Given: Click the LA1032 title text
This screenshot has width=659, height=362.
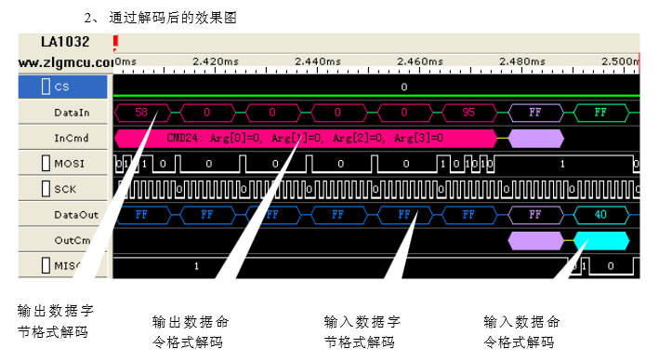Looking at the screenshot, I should click(x=65, y=42).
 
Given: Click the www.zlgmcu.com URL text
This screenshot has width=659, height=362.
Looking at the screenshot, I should click(x=65, y=61).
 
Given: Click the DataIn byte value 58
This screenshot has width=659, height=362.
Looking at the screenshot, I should click(x=142, y=112).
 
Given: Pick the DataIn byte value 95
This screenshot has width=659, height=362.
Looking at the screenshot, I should click(x=468, y=112).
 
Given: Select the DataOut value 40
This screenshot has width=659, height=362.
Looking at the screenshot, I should click(x=600, y=214).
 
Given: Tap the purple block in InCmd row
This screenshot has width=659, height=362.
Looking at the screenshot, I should click(x=536, y=138).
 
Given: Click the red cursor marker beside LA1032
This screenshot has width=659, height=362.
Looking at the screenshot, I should click(x=115, y=43).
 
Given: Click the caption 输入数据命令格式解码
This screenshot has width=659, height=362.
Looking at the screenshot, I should click(x=521, y=331).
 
